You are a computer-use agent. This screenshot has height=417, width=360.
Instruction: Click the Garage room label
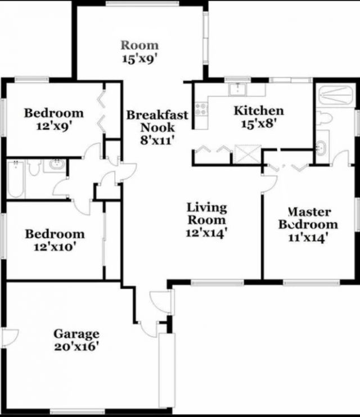coord(76,334)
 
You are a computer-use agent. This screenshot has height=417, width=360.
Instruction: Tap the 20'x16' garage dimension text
coord(76,346)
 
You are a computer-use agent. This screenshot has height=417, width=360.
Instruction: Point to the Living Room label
coord(207,214)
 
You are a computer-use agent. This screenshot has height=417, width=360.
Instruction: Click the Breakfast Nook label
coord(157,121)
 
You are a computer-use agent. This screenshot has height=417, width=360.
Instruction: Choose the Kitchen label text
coord(259,111)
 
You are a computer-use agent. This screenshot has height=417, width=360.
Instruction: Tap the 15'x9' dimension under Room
coord(140,58)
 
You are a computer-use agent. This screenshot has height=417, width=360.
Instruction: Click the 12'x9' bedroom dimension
coord(53,125)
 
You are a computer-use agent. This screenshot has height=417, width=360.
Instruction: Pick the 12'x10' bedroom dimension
coord(55,246)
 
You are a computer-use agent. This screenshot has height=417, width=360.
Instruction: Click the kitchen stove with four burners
coord(201,107)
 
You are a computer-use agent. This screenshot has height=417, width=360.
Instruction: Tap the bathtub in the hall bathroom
coord(15,179)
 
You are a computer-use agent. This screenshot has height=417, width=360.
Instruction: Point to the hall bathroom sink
coord(56,166)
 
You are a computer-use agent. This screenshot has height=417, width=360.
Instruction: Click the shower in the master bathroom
coord(335,95)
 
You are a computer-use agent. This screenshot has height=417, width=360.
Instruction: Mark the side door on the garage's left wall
coord(9,337)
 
